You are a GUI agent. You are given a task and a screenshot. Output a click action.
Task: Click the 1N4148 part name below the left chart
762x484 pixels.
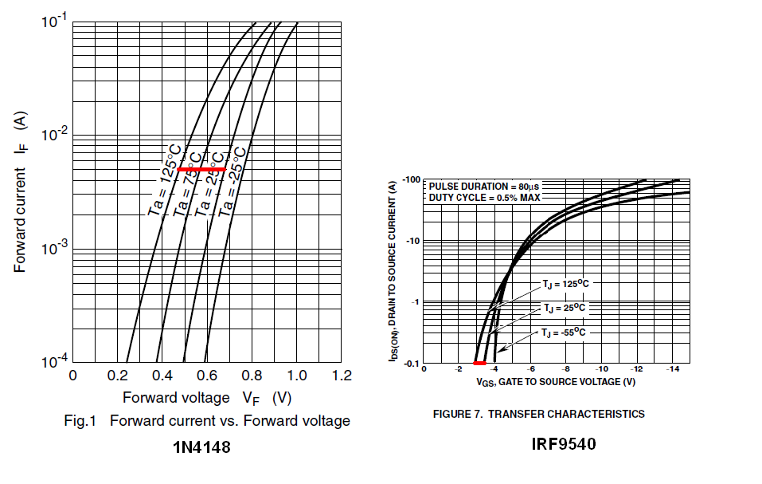tap(201, 448)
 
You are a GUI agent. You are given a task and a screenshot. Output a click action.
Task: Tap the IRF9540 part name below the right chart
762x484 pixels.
tap(564, 443)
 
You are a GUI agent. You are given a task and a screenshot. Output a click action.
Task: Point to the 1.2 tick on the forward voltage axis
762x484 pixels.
tap(342, 376)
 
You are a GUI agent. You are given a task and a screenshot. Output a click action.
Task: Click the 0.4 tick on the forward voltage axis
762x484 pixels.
tap(162, 376)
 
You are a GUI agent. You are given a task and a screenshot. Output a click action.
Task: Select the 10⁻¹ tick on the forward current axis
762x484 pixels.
tap(54, 22)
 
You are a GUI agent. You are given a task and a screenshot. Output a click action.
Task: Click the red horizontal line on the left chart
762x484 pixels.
tap(201, 170)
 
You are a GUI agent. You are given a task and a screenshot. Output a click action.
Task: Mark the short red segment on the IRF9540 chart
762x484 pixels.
tap(479, 364)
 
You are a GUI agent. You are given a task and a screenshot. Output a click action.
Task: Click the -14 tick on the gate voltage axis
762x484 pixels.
tap(672, 370)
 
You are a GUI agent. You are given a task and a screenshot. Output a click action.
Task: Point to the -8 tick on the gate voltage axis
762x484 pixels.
tap(566, 370)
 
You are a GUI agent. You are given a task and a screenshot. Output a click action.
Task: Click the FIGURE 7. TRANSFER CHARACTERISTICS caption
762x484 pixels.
tap(538, 414)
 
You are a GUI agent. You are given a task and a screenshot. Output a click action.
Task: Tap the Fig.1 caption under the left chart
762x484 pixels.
tap(206, 421)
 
